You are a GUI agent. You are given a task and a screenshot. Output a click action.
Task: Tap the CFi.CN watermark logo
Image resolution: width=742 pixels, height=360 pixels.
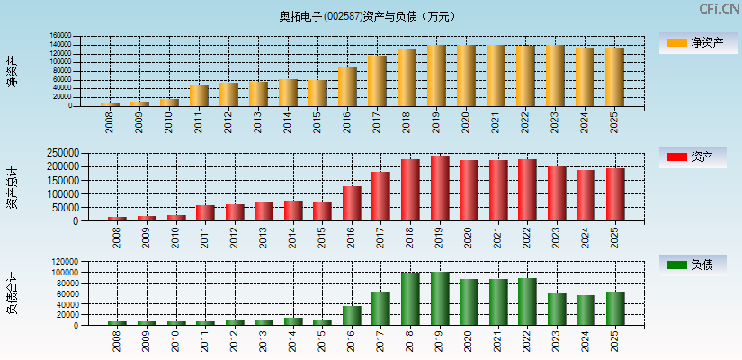coord(719,8)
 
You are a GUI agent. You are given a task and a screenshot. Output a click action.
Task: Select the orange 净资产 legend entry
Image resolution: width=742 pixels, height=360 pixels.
coord(696,42)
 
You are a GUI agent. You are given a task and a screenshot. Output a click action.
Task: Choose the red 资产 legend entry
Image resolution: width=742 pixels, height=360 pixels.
coord(696,157)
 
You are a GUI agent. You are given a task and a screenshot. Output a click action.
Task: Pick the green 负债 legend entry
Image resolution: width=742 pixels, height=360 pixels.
coord(696,265)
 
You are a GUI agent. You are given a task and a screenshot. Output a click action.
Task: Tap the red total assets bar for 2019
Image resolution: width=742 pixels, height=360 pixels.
coord(440,189)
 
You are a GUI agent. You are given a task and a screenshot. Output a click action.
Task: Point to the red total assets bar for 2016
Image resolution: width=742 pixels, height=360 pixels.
coord(352,203)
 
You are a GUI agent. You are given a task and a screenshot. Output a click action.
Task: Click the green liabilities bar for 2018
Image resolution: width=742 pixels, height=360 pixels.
coord(410,299)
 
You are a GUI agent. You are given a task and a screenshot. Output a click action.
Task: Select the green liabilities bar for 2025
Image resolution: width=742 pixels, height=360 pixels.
coord(615,308)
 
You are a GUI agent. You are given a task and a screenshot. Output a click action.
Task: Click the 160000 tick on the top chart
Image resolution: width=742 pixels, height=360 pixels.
coord(59,37)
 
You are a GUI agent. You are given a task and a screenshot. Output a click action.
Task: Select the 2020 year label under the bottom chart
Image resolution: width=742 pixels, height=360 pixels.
coord(469,341)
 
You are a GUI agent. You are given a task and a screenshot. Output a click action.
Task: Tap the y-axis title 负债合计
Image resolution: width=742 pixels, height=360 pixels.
coord(13,293)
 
